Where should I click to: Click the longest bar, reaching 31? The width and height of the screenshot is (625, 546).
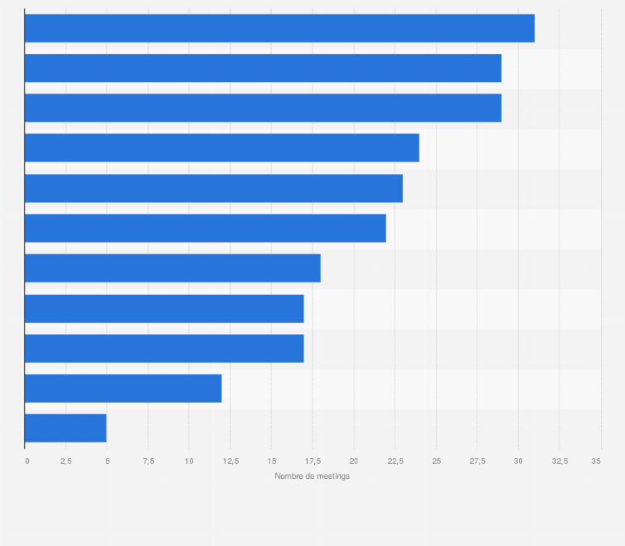pos(279,28)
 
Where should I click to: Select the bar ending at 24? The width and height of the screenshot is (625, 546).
pos(221,147)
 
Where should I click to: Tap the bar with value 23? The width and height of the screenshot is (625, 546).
pos(213,188)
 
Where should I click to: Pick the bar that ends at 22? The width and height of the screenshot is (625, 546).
pos(205,228)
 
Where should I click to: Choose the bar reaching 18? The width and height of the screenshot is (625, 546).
pos(172,268)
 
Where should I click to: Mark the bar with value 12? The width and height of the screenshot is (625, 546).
pos(123,388)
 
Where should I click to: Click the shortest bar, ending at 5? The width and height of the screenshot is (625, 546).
pos(65,428)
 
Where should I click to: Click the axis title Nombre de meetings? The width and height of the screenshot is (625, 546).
pos(312,476)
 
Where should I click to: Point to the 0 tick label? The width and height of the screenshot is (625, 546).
pos(27,460)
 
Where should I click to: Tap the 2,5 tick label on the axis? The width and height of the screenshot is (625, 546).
pos(65,460)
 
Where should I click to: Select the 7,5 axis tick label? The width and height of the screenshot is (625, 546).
pos(148,460)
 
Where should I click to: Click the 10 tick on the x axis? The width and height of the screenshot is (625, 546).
pos(189,460)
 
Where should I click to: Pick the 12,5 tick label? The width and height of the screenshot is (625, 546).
pos(230,460)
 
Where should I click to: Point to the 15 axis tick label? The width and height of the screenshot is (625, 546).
pos(271,460)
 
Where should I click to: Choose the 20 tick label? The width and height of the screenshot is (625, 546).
pos(353,460)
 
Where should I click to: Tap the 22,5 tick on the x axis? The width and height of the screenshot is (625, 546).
pos(395,460)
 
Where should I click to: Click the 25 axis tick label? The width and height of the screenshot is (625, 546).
pos(436,460)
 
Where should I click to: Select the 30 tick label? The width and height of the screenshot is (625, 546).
pos(518,460)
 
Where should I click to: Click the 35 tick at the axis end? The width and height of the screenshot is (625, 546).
pos(597,460)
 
